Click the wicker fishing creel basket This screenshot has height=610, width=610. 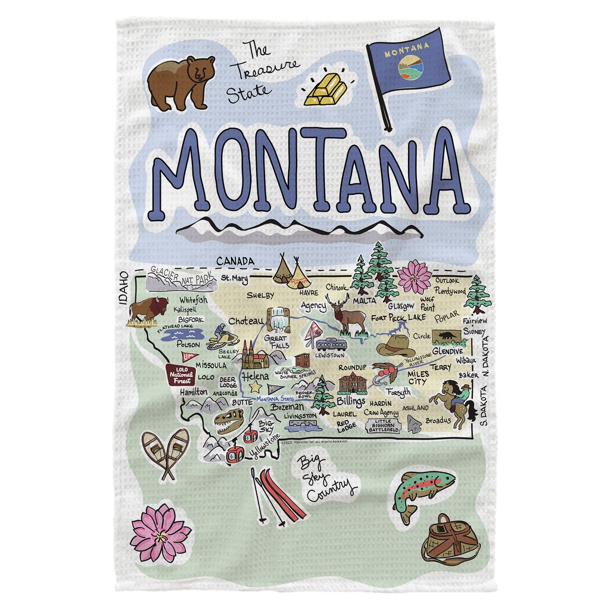450,540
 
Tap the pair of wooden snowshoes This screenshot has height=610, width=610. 166,453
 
